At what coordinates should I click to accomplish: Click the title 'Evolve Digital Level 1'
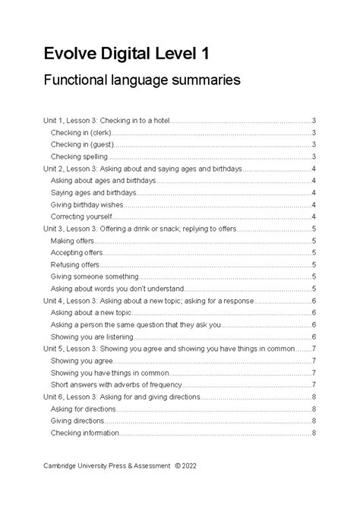126,54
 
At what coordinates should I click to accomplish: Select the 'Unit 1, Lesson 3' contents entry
107,120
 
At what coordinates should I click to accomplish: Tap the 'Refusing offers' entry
74,264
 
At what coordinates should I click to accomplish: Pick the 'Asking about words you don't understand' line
117,289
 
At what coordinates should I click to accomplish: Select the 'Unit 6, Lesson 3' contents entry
122,396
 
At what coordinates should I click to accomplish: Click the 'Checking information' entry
84,432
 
